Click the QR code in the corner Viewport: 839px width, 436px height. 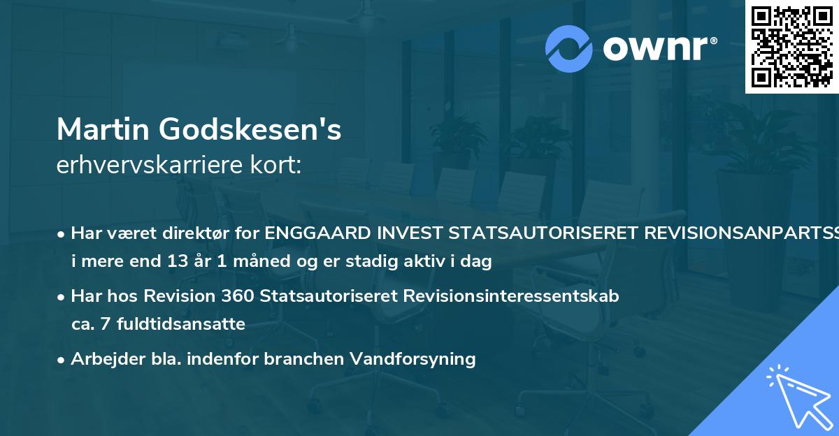pos(791,46)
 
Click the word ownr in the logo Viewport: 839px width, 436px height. pos(658,49)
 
